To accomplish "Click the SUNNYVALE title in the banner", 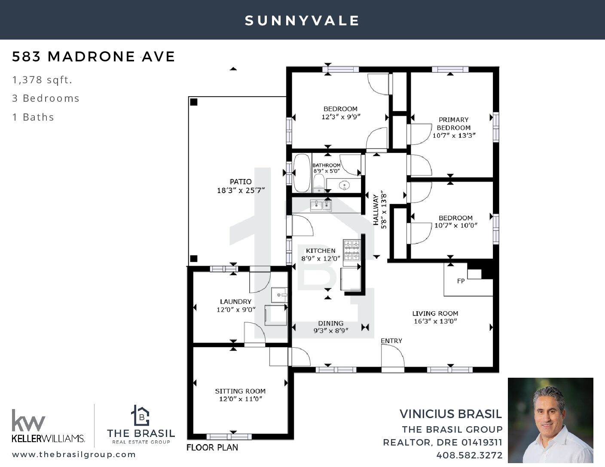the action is click(302, 21).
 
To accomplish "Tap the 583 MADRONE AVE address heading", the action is click(94, 57).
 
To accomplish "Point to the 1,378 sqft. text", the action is click(42, 80).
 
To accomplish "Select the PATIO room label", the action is click(241, 182).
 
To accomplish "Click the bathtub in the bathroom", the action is click(302, 173).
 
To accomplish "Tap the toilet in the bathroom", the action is click(319, 183).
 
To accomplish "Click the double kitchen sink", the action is click(321, 206).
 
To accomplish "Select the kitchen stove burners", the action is click(352, 250).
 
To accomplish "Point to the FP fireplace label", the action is click(461, 281).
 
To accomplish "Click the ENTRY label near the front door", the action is click(391, 341).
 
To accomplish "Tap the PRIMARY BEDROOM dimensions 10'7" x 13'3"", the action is click(454, 136).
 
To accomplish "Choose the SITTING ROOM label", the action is click(240, 391).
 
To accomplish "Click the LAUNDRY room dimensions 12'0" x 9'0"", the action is click(236, 309).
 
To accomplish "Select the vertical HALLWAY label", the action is click(376, 210).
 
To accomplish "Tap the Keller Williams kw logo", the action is click(28, 420).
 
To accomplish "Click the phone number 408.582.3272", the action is click(469, 455).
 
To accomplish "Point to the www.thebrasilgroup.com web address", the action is click(74, 455).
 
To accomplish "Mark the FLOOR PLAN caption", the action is click(212, 448).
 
